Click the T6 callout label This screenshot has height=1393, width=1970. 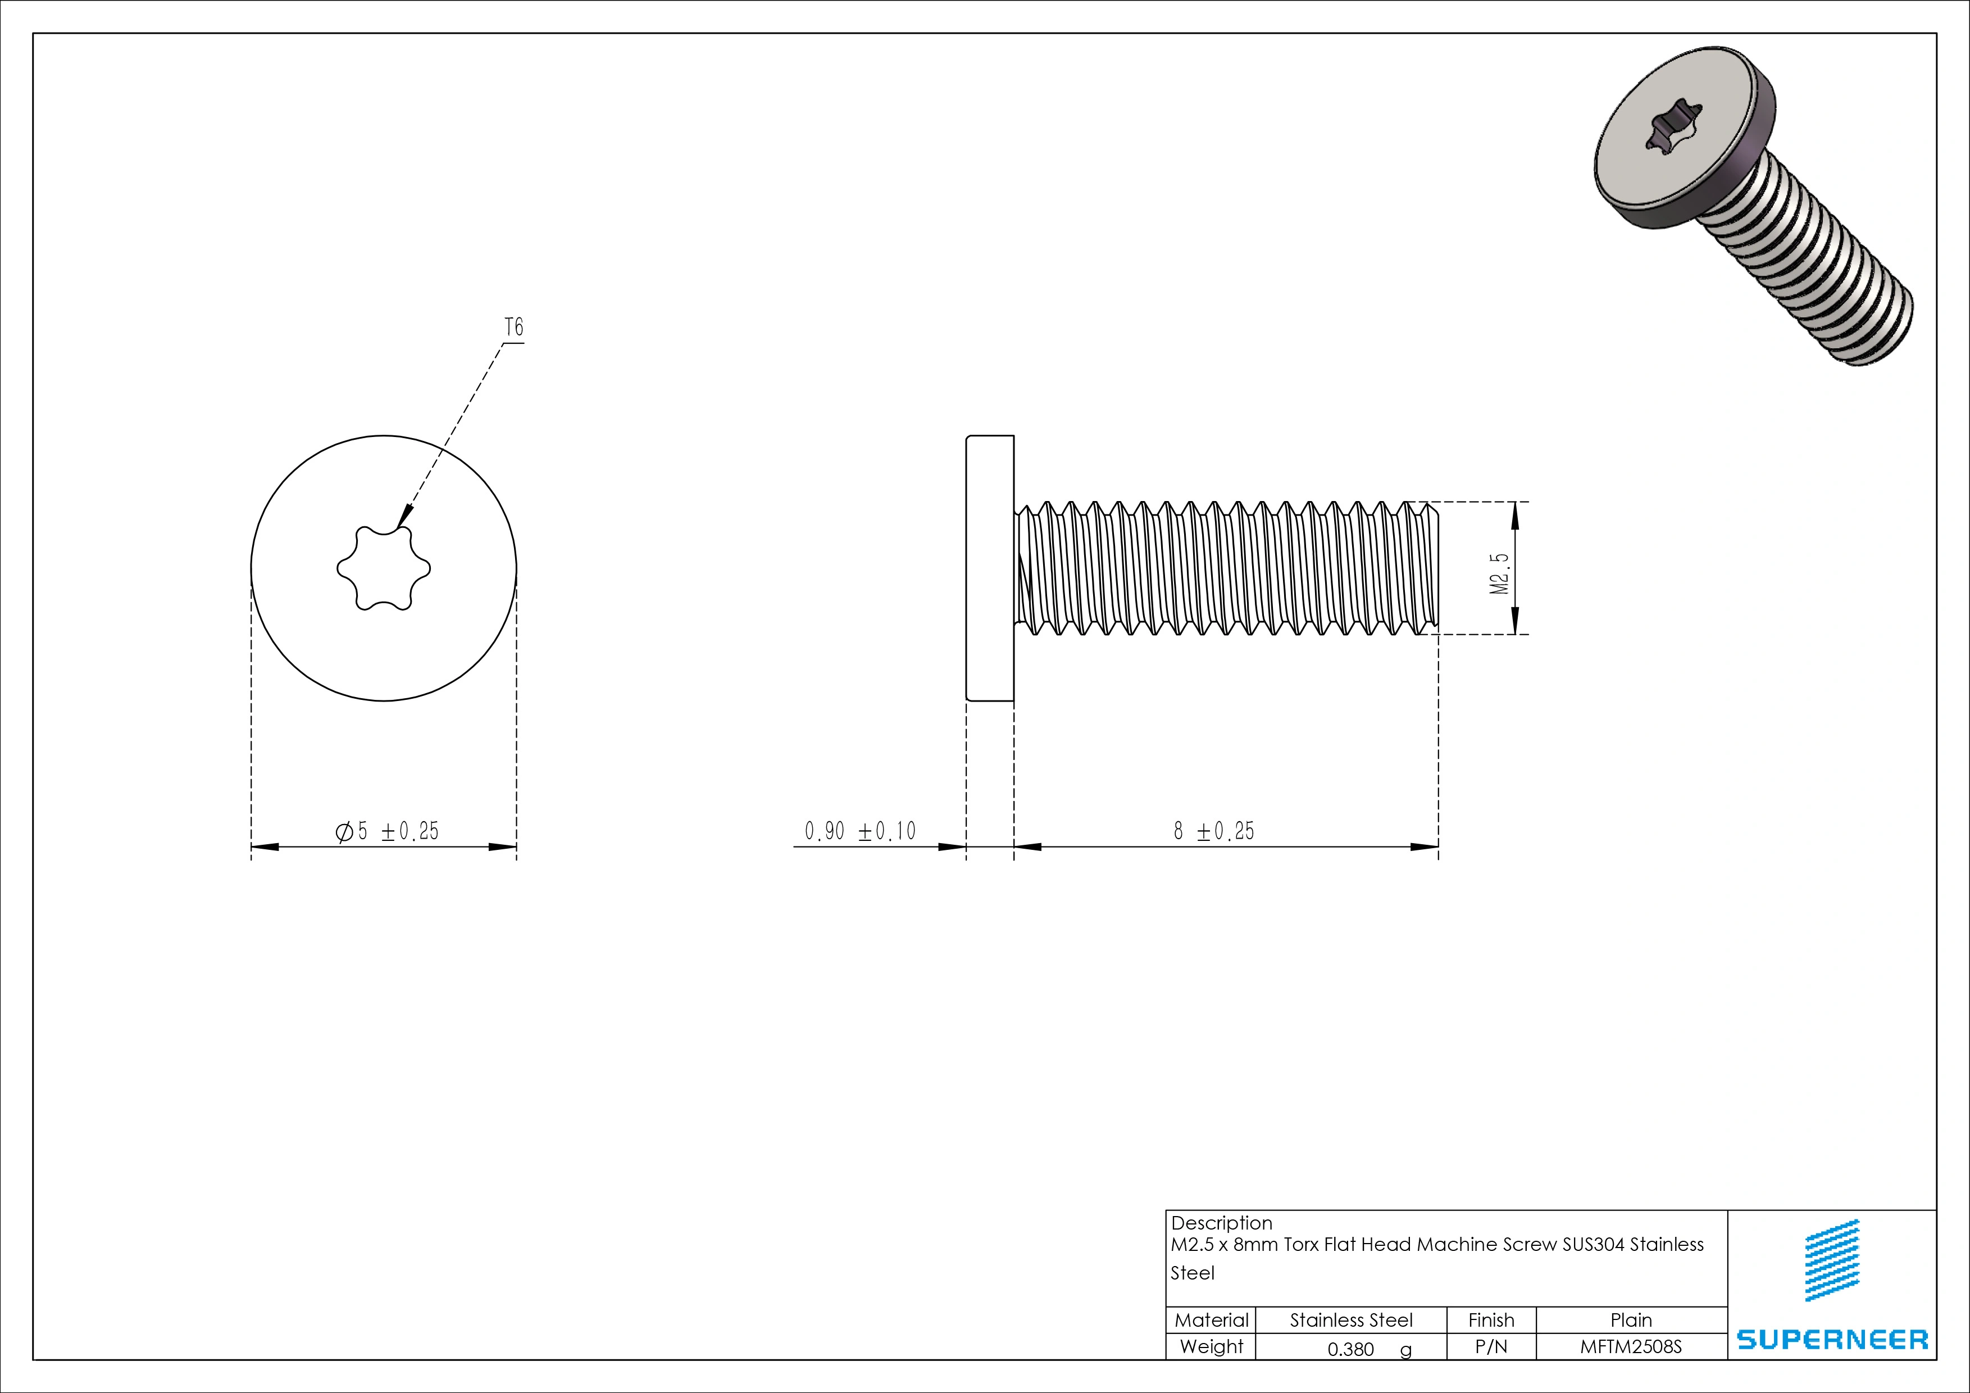click(x=513, y=327)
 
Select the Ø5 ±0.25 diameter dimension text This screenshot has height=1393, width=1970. click(x=387, y=830)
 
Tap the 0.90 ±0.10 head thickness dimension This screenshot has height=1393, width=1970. click(x=859, y=830)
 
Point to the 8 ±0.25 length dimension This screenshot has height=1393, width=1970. click(x=1213, y=830)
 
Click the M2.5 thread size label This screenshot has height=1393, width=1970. click(x=1499, y=572)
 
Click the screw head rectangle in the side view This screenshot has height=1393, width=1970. click(x=990, y=568)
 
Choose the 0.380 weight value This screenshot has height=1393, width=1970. click(x=1350, y=1349)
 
